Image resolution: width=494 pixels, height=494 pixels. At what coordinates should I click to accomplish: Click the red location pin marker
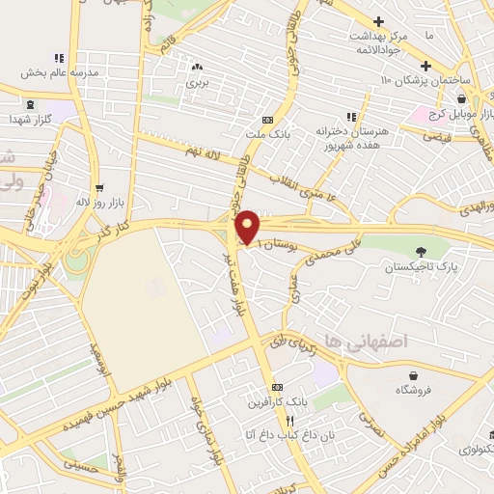(247, 226)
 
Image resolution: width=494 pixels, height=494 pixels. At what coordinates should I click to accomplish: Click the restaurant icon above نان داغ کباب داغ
(289, 422)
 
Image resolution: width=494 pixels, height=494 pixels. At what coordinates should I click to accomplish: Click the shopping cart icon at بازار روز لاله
(100, 187)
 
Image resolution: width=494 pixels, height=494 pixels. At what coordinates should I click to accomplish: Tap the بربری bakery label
(197, 83)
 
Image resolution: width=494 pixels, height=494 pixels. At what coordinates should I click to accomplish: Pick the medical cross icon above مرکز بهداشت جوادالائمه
(379, 21)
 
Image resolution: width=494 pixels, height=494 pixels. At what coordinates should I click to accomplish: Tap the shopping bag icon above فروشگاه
(414, 375)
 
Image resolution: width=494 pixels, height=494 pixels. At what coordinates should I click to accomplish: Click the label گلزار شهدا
(30, 117)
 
